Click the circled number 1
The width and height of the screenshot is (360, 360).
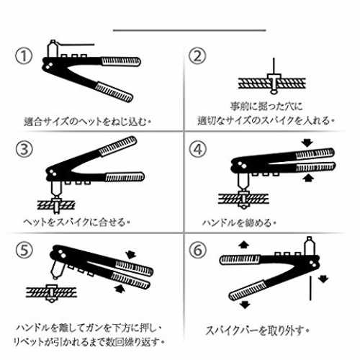[24, 56]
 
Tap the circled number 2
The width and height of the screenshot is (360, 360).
[197, 55]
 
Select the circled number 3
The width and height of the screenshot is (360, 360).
[24, 149]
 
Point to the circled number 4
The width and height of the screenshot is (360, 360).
[198, 149]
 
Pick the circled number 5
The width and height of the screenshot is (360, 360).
[24, 250]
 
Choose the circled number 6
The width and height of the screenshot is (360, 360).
[198, 250]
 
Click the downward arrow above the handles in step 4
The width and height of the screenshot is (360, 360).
[307, 143]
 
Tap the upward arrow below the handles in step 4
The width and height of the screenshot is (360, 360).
[308, 178]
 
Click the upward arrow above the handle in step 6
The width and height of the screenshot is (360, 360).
[244, 245]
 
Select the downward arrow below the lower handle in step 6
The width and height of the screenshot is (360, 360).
[245, 305]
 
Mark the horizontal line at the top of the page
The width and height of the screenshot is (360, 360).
[189, 30]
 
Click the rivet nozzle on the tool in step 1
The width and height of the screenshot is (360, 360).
[53, 49]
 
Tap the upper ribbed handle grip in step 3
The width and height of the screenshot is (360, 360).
[118, 146]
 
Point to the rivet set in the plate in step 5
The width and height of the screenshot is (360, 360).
[51, 293]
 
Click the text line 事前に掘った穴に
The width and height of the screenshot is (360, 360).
[266, 107]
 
